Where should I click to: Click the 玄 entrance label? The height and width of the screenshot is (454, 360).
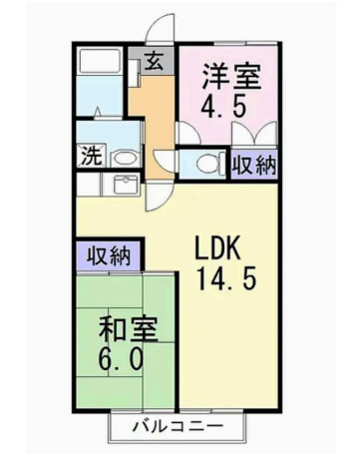point(155,61)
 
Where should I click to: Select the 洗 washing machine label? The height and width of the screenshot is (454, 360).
point(89,157)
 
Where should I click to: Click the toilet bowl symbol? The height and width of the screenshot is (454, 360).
point(207,164)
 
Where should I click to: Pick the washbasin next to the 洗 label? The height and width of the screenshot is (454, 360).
point(123,157)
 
